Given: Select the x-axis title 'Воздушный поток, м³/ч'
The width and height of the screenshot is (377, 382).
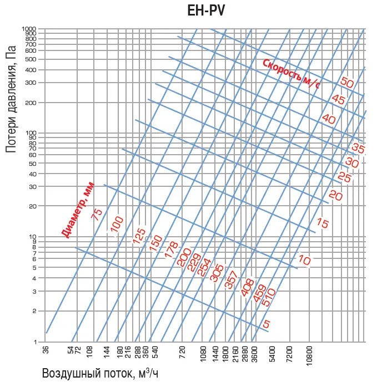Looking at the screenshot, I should (x=96, y=373).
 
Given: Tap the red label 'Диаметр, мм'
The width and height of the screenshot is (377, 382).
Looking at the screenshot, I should (x=78, y=210).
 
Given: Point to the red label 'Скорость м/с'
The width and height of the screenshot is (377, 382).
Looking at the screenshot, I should (x=291, y=74).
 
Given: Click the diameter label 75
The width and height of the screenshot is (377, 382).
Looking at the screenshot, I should (x=98, y=215).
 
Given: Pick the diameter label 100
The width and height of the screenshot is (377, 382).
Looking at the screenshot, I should (x=117, y=224).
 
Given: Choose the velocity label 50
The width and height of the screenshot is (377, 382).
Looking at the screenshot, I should (x=347, y=83).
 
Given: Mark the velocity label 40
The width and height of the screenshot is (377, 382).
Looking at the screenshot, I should (x=329, y=119).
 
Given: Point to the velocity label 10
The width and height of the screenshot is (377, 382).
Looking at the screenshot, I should (x=304, y=259).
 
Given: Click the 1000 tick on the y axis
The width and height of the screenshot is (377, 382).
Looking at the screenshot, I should (x=29, y=28).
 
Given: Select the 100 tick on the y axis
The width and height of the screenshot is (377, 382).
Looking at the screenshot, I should (x=31, y=133).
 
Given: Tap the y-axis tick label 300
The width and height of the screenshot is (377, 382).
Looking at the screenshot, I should (x=31, y=83).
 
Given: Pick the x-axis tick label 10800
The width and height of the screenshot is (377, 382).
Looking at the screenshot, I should (x=310, y=355).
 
